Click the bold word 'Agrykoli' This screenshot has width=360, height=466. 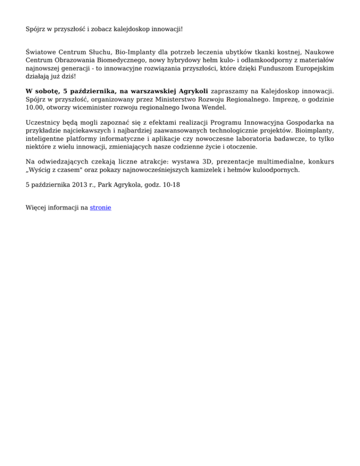click(x=193, y=103)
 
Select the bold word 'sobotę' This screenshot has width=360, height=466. click(x=48, y=103)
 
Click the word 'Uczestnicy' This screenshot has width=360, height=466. click(x=44, y=136)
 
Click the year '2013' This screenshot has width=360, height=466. click(x=73, y=185)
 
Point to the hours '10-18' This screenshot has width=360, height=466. click(x=171, y=185)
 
